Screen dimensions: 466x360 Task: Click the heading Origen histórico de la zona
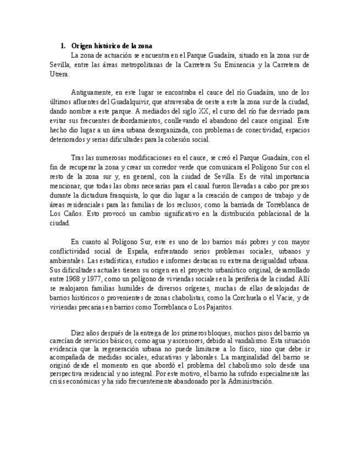[112, 46]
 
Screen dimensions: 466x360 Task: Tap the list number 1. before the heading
[63, 46]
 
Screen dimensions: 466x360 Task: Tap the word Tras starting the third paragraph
[78, 158]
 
